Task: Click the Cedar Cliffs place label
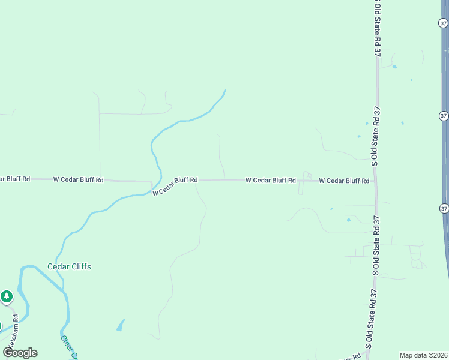click(x=69, y=266)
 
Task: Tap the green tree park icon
click(x=7, y=296)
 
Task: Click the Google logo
click(x=20, y=353)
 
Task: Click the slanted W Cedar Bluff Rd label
click(x=175, y=185)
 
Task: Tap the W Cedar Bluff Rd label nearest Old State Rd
click(x=343, y=180)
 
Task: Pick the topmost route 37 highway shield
click(x=442, y=23)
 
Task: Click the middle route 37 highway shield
click(x=443, y=115)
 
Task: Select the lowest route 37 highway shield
click(x=444, y=208)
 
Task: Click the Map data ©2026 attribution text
click(x=423, y=355)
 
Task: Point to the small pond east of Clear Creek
click(x=121, y=326)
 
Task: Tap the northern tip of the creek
click(x=225, y=91)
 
